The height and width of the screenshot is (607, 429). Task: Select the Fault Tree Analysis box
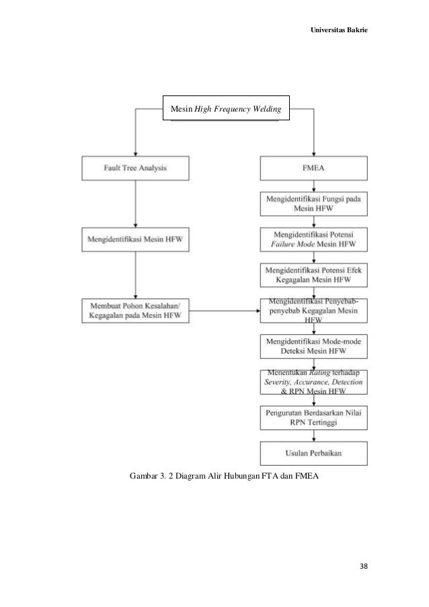pos(135,168)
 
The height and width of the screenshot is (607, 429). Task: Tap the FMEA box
pos(314,168)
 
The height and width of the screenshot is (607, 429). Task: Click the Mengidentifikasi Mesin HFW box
pos(135,238)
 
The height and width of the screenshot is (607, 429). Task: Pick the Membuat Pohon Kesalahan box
pos(135,311)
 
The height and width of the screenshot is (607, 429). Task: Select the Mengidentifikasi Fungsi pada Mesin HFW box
pos(314,204)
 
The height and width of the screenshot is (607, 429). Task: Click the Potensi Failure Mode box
pos(314,239)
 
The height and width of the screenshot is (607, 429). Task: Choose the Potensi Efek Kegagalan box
pos(314,274)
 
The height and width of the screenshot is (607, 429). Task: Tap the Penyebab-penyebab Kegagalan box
pos(314,311)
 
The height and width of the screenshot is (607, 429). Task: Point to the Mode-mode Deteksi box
pos(314,346)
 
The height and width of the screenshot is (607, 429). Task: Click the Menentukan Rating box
pos(314,381)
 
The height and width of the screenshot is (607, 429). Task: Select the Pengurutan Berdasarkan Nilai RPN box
pos(314,417)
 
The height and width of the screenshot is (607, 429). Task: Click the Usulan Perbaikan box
pos(314,452)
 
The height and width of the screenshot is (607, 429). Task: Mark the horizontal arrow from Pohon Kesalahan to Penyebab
pos(225,311)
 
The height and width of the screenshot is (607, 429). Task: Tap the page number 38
pos(363,566)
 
